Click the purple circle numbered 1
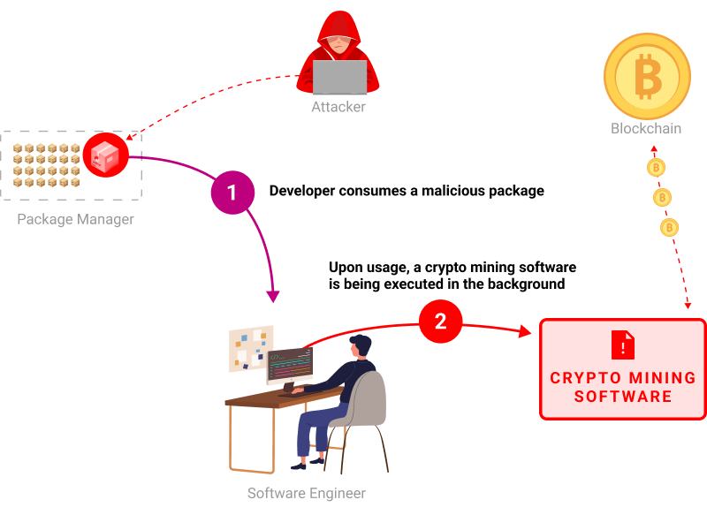(232, 193)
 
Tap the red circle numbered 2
(440, 322)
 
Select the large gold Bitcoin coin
(647, 76)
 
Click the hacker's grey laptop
(339, 78)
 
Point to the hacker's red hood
(339, 26)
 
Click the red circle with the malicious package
(106, 155)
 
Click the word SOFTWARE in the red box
(623, 397)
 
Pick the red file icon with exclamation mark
(623, 344)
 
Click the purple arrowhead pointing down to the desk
(273, 297)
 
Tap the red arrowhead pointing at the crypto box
(525, 331)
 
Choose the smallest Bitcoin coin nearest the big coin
(656, 167)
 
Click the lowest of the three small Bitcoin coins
(669, 227)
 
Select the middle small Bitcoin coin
(662, 197)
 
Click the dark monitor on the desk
(290, 364)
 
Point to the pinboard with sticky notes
(251, 348)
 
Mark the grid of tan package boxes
(47, 165)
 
